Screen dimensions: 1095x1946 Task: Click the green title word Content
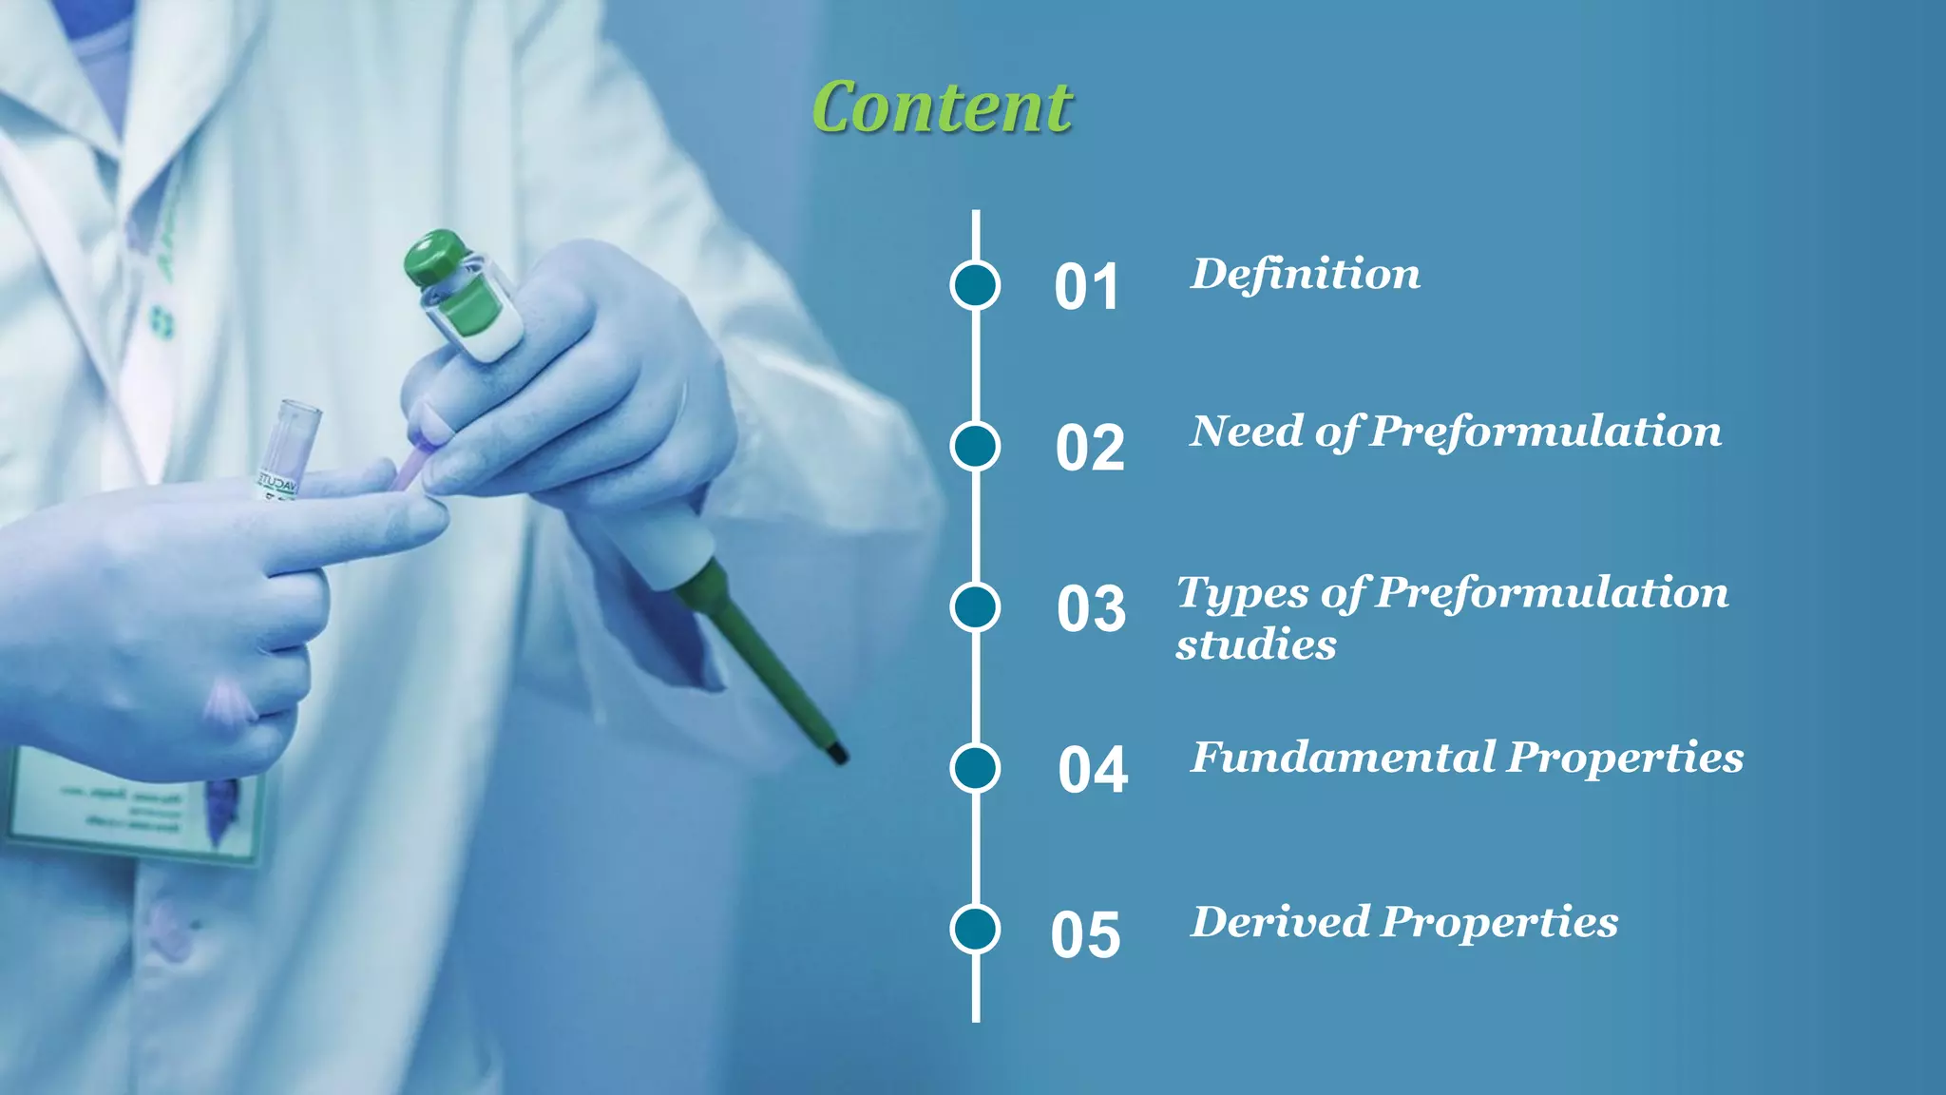942,107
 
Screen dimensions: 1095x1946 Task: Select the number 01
1086,287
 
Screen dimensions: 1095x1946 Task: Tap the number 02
1089,448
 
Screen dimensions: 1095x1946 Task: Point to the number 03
1091,608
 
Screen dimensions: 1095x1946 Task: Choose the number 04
1093,769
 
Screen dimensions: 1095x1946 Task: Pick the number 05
1085,934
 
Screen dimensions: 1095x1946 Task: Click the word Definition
1306,275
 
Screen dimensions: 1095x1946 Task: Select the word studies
1255,645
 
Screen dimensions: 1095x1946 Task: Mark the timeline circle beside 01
975,285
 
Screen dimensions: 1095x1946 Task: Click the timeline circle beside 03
975,607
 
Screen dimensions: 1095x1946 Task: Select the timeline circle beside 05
975,929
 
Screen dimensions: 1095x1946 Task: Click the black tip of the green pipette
837,752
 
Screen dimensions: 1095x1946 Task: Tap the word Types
1242,594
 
